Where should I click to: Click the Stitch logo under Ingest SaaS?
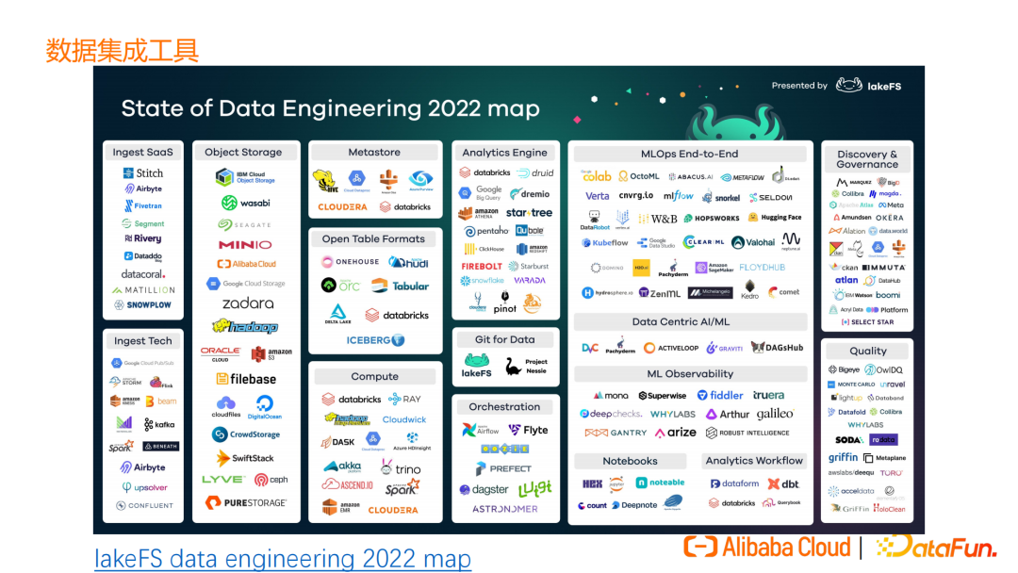[143, 173]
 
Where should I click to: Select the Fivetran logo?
[142, 205]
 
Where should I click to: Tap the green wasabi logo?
[245, 203]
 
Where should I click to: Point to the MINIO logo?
[245, 245]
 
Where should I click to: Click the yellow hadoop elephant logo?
[245, 326]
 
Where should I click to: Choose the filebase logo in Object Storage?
[246, 379]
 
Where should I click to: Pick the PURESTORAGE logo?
[246, 503]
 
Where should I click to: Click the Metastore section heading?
[374, 152]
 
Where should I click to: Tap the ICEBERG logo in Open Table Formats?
[375, 340]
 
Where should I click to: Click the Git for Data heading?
[504, 339]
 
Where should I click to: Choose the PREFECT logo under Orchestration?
[504, 468]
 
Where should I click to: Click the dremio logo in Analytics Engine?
[530, 193]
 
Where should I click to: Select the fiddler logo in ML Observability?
[720, 396]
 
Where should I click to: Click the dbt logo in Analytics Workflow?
[783, 483]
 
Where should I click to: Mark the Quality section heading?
[867, 351]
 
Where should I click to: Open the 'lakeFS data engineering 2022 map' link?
[282, 559]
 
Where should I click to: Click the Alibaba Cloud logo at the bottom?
[767, 547]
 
